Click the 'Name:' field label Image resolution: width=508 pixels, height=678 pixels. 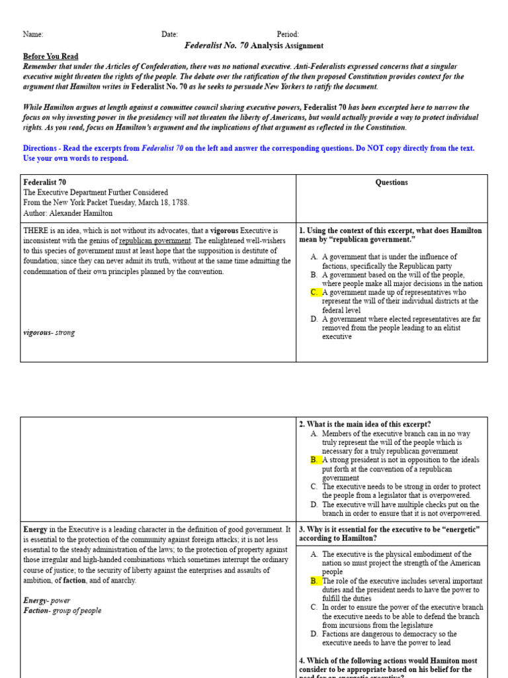coord(33,34)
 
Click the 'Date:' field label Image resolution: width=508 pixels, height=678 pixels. coord(169,34)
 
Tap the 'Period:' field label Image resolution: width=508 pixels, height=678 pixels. coord(288,34)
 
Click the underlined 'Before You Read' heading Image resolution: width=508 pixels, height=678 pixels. coord(50,56)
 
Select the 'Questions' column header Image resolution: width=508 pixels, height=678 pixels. coord(392,183)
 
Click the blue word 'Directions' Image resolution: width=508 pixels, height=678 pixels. coord(40,148)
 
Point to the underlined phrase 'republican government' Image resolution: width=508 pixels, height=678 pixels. coord(155,241)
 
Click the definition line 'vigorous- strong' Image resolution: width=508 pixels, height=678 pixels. coord(49,332)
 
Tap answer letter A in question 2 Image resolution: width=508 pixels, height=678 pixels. coord(314,433)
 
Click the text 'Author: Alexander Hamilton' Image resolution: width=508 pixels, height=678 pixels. coord(67,213)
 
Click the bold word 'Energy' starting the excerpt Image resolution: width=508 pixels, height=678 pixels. coord(35,530)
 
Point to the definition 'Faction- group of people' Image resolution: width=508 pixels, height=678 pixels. coord(62,610)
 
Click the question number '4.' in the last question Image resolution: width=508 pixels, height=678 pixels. coord(302,661)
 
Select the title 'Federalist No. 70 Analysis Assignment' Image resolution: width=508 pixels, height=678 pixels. coord(254,46)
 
